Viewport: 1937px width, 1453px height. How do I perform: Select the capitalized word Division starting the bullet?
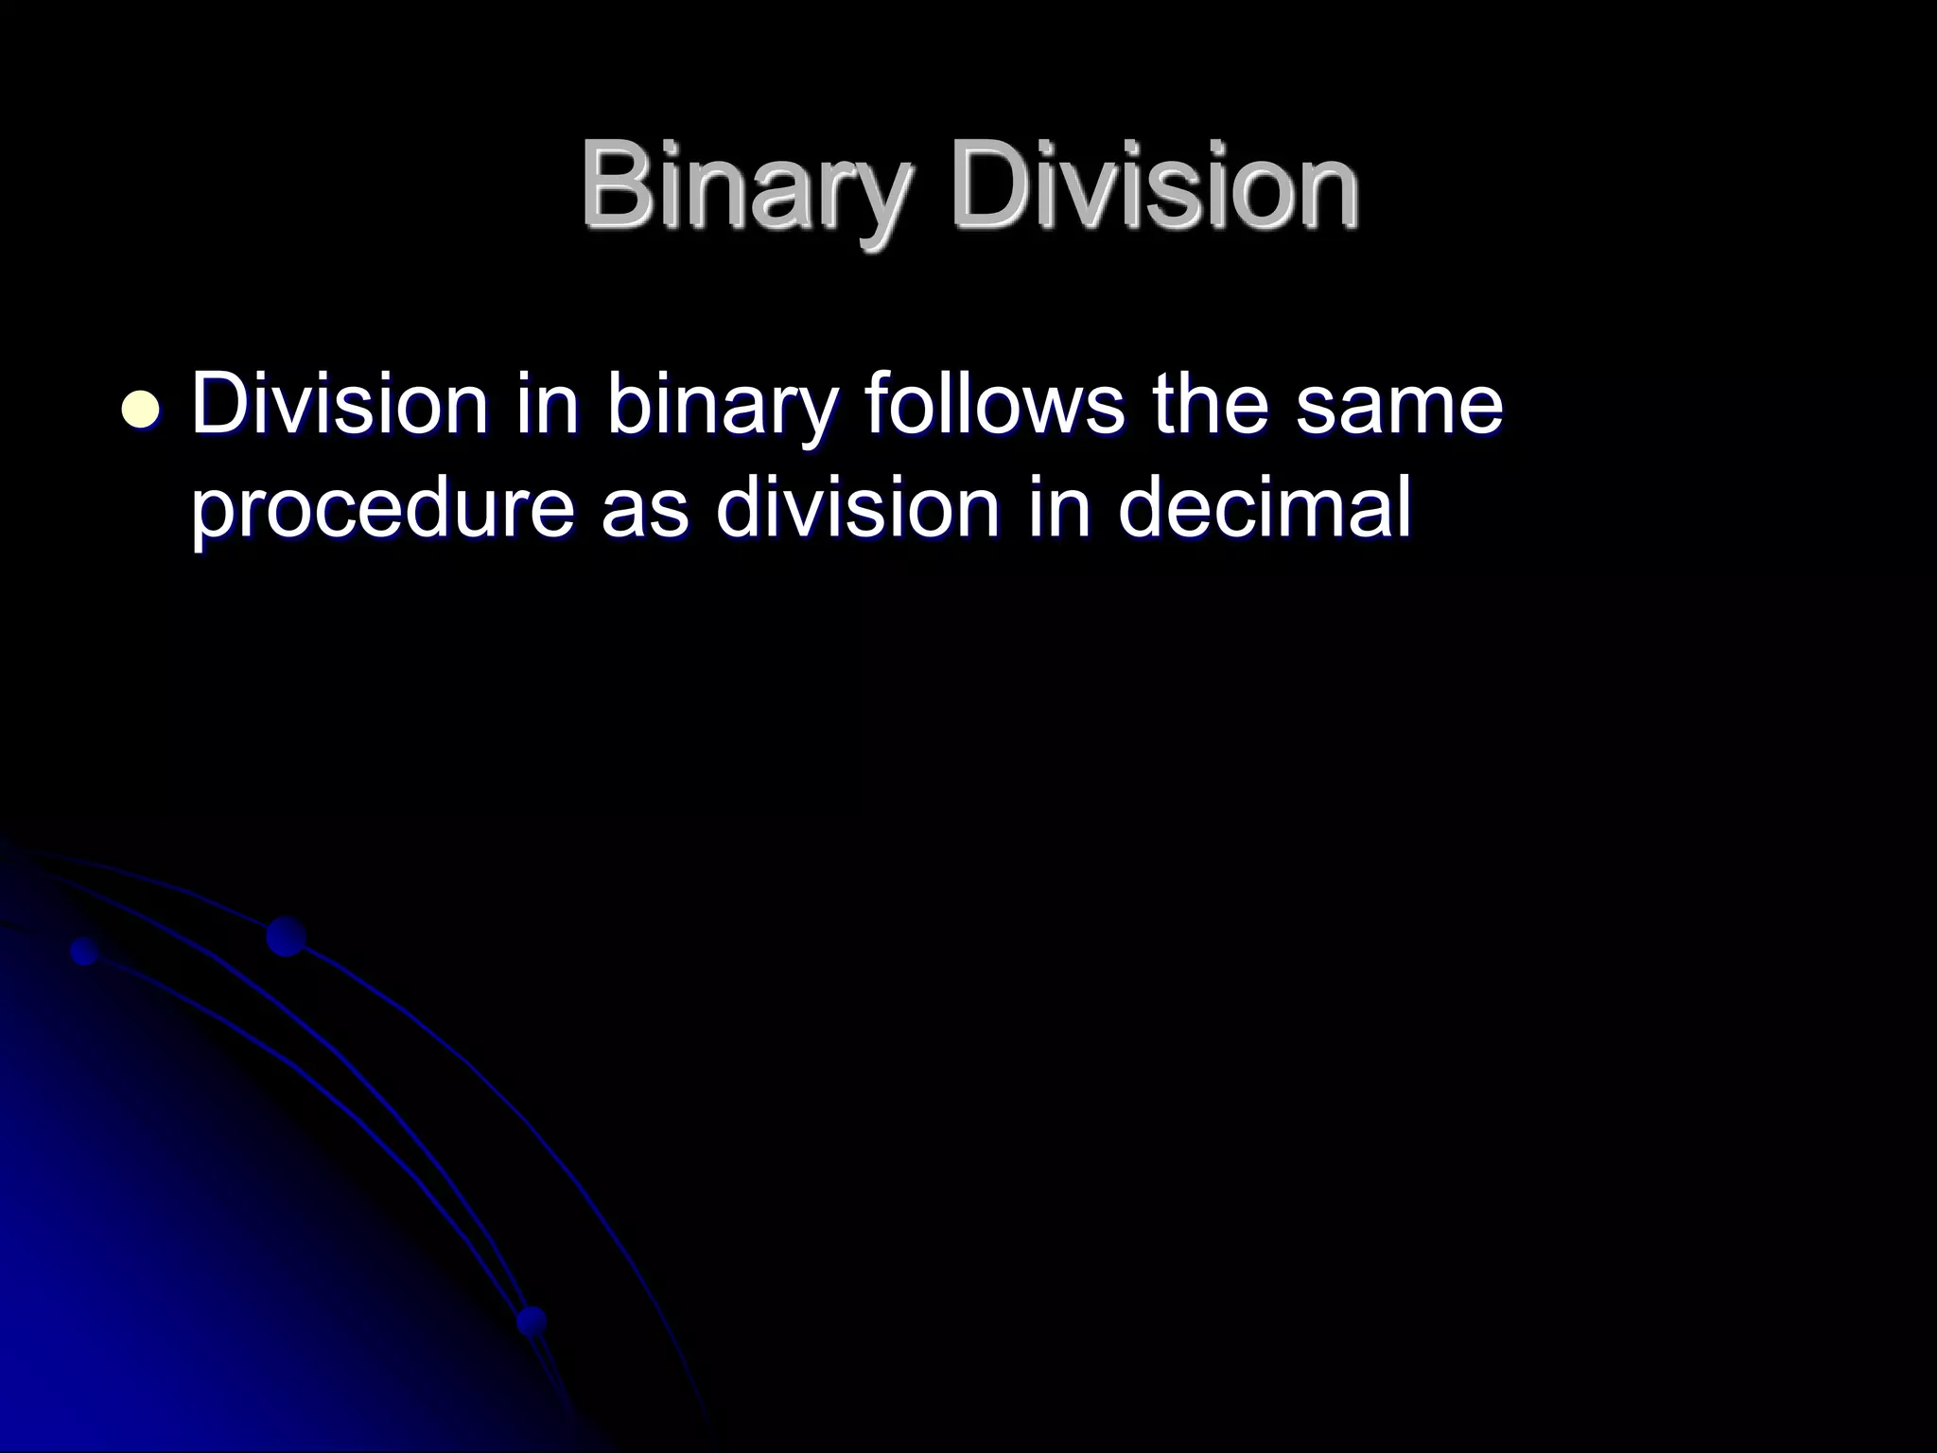(339, 405)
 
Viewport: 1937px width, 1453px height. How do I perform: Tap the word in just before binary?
(547, 405)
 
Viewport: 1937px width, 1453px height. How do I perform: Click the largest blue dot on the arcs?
(286, 937)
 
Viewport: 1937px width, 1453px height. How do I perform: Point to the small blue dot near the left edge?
(85, 951)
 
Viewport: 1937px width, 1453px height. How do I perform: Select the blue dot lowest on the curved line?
(532, 1321)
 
